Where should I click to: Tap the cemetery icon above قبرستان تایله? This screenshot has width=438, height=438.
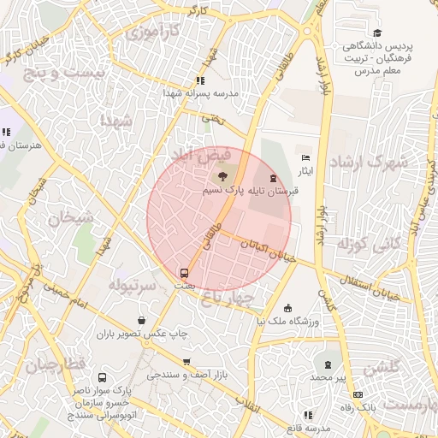point(273,178)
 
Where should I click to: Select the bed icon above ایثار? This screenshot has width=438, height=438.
point(305,158)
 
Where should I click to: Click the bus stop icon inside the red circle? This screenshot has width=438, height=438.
point(184,273)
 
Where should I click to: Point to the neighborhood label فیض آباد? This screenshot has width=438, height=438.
point(201,157)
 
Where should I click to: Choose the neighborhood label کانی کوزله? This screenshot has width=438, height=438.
point(369,246)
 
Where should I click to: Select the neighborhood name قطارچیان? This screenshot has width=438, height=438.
point(56,365)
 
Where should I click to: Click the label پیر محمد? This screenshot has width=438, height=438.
point(326,377)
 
